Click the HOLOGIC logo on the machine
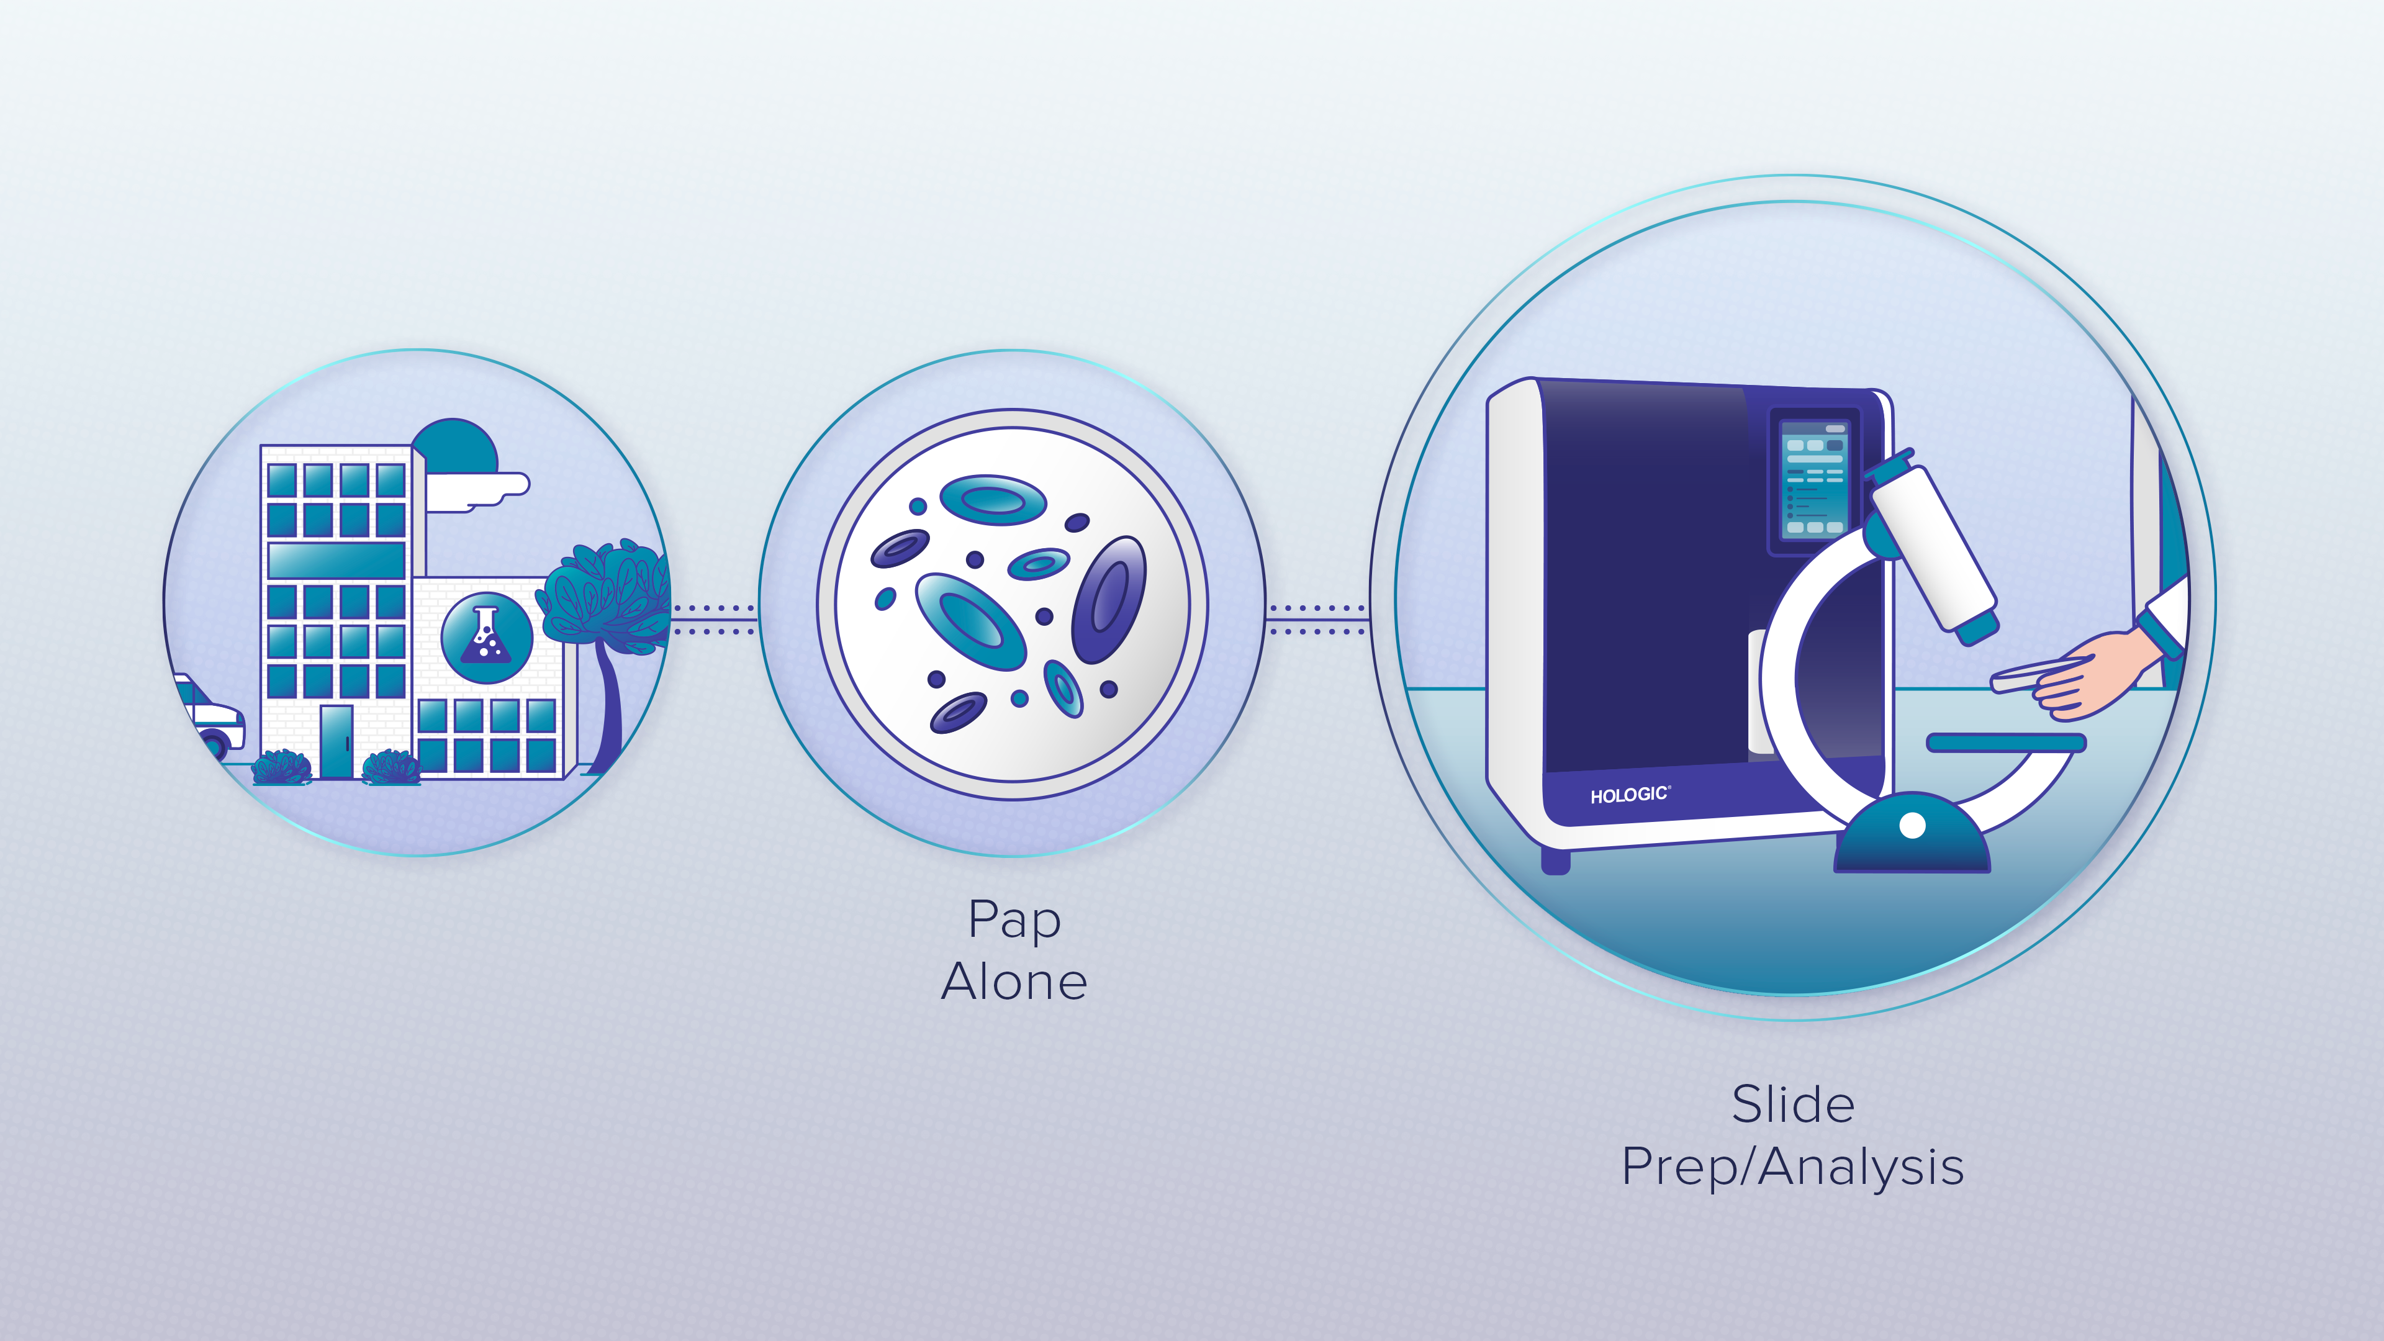point(1629,795)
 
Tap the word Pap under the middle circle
point(1014,921)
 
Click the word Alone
point(1014,982)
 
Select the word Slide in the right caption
point(1792,1104)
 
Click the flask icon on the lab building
point(487,637)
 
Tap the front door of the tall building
point(336,741)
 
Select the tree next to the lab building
point(606,611)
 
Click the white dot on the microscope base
point(1912,824)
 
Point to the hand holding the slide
point(2092,675)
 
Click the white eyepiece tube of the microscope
point(1935,551)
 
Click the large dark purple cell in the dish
point(1109,600)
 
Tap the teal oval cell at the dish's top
point(993,500)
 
